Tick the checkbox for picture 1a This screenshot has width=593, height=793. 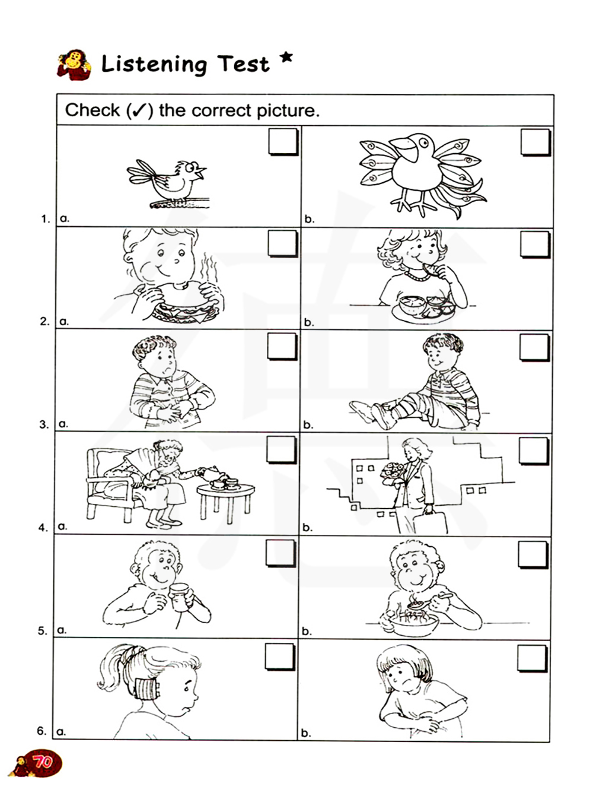point(283,142)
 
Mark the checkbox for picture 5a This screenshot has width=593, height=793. point(280,553)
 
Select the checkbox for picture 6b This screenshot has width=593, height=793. point(532,658)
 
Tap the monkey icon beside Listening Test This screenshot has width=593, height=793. point(74,65)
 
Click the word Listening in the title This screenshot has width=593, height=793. point(154,64)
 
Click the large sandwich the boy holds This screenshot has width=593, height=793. point(186,303)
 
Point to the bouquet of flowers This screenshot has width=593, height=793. point(393,472)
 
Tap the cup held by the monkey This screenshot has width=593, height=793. point(179,597)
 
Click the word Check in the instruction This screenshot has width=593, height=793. point(93,110)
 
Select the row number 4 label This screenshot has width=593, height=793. point(43,528)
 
